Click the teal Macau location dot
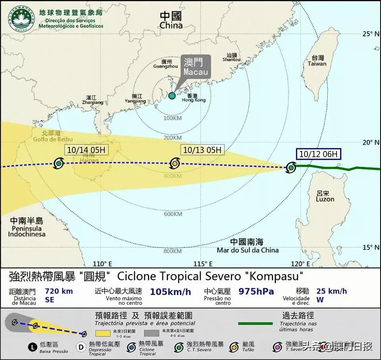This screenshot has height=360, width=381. pyautogui.click(x=172, y=96)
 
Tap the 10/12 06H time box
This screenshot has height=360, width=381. pyautogui.click(x=319, y=154)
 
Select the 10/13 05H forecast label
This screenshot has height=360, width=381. pyautogui.click(x=202, y=150)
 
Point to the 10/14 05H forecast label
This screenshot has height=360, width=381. pyautogui.click(x=86, y=150)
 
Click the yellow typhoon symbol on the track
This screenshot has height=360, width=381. pyautogui.click(x=175, y=163)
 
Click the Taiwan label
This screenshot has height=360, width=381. pyautogui.click(x=317, y=61)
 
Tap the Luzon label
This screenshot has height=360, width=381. pyautogui.click(x=325, y=196)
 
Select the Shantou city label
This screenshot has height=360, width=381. pyautogui.click(x=232, y=58)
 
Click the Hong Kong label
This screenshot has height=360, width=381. pyautogui.click(x=194, y=98)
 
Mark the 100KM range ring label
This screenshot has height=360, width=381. pyautogui.click(x=172, y=118)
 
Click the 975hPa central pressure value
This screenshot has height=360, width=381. pyautogui.click(x=256, y=291)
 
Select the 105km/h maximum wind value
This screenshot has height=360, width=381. pyautogui.click(x=170, y=292)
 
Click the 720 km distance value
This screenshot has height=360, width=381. pyautogui.click(x=59, y=291)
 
